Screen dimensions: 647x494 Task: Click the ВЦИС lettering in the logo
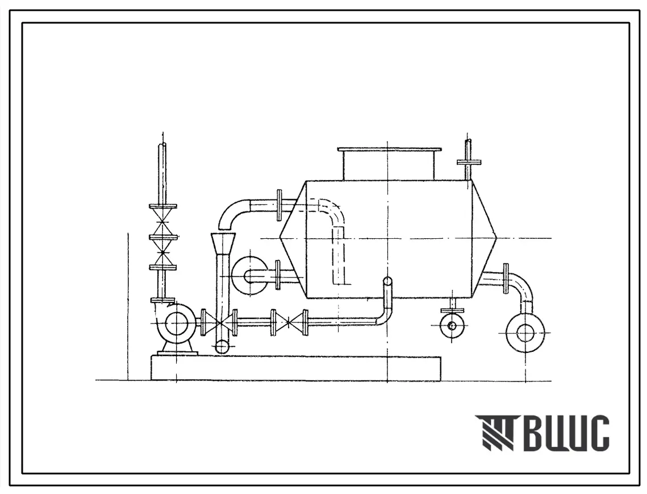(x=569, y=433)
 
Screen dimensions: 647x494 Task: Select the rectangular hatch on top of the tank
(x=389, y=164)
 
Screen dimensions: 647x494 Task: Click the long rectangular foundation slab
(x=296, y=368)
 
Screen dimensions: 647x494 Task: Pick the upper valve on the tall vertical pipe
(x=164, y=221)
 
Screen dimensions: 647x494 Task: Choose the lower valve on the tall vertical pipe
(x=164, y=252)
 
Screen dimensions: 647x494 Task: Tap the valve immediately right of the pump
(x=219, y=322)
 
